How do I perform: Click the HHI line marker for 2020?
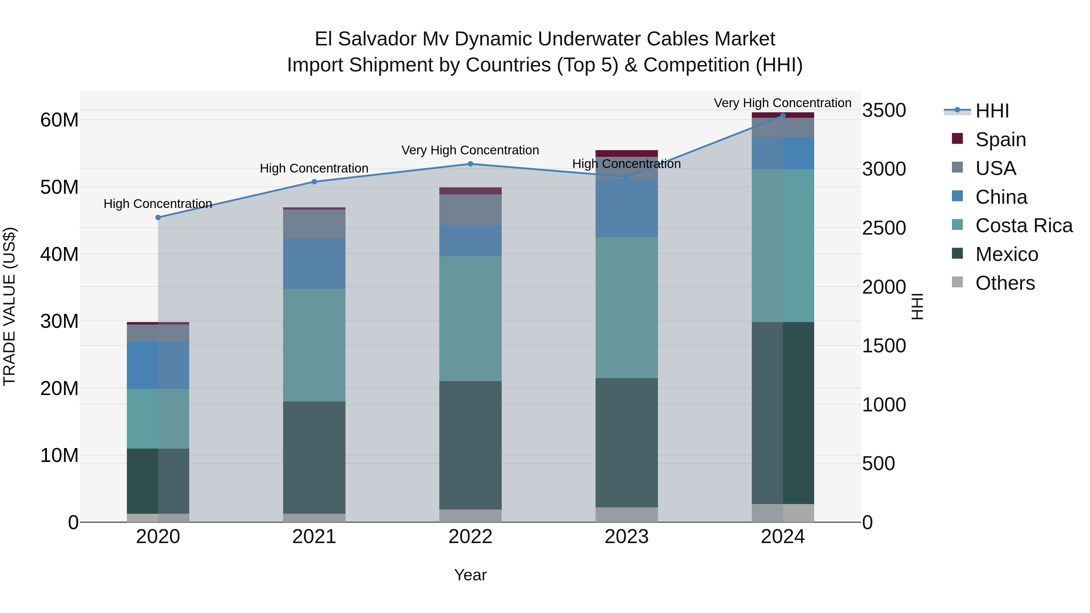(158, 217)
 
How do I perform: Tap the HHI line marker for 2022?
(470, 164)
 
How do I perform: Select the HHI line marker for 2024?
(782, 116)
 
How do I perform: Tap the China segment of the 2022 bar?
(470, 240)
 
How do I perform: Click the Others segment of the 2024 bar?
(782, 513)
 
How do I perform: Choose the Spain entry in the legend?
(1000, 139)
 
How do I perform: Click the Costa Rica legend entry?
(1024, 226)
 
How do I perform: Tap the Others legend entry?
(1005, 283)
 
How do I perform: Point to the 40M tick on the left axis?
(59, 254)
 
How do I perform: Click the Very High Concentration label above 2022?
(470, 150)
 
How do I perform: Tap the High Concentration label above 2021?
(314, 168)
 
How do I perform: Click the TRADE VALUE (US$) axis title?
(9, 306)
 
